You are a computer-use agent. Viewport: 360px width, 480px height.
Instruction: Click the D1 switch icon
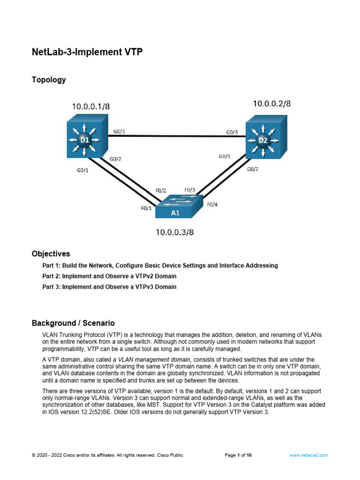coord(84,140)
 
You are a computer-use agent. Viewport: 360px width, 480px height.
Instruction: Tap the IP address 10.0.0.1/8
coord(91,106)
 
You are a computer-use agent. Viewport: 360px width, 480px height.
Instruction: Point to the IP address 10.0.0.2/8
coord(272,104)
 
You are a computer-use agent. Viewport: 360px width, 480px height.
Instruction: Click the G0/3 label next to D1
coord(119,132)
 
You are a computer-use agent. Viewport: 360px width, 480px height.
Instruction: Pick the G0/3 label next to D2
coord(232,132)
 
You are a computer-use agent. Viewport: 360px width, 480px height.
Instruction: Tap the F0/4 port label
coord(212,204)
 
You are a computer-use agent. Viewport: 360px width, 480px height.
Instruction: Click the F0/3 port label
coord(190,190)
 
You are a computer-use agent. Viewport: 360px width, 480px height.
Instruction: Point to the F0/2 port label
coord(161,191)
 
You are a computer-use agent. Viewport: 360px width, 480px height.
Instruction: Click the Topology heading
coord(49,80)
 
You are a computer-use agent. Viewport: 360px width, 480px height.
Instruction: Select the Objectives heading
coord(51,254)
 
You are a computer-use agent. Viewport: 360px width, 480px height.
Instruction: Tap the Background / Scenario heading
coord(73,323)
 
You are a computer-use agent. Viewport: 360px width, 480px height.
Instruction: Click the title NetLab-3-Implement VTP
coord(87,52)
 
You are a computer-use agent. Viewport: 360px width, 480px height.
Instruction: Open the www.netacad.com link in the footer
coord(308,455)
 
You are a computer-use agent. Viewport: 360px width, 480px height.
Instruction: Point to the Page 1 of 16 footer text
coord(239,455)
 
